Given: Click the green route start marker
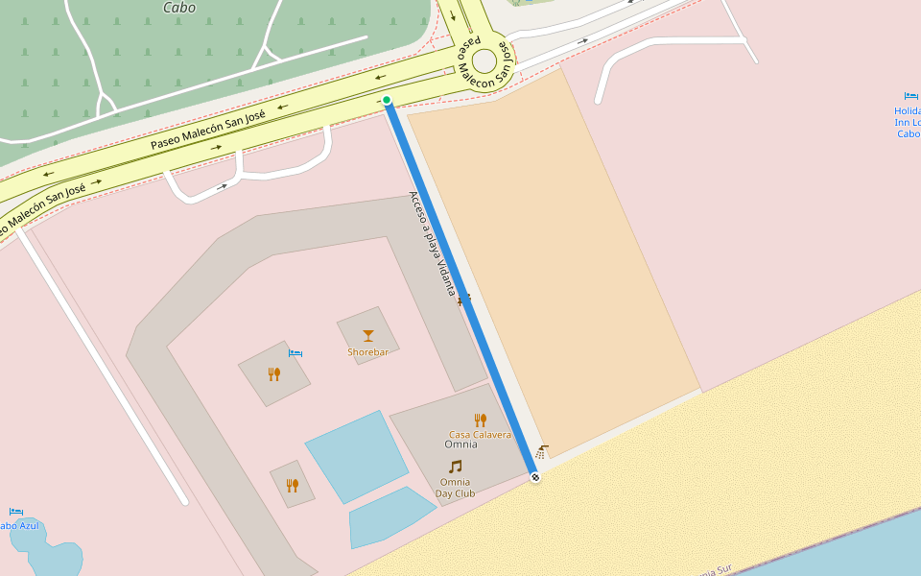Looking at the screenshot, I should pos(387,100).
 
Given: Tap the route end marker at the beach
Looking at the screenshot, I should pos(535,477).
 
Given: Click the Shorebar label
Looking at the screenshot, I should pos(367,352).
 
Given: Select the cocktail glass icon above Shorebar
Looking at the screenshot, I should pos(368,335).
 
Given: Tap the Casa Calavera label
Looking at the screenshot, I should pos(480,435).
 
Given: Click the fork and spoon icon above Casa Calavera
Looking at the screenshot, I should pos(480,420).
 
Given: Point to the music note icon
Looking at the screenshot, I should pos(455,467).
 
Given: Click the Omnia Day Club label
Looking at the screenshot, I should pos(455,488).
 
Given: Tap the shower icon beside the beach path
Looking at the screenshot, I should pos(543,450).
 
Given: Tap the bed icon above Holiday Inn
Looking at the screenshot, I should pos(910,96).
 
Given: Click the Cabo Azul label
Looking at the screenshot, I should pos(18,525).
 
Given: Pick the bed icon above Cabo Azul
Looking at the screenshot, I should pos(15,512).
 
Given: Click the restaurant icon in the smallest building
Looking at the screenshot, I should pos(292,485).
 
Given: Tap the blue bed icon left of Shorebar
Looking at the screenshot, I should pos(295,353).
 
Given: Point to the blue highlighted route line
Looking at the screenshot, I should pos(460,288).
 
